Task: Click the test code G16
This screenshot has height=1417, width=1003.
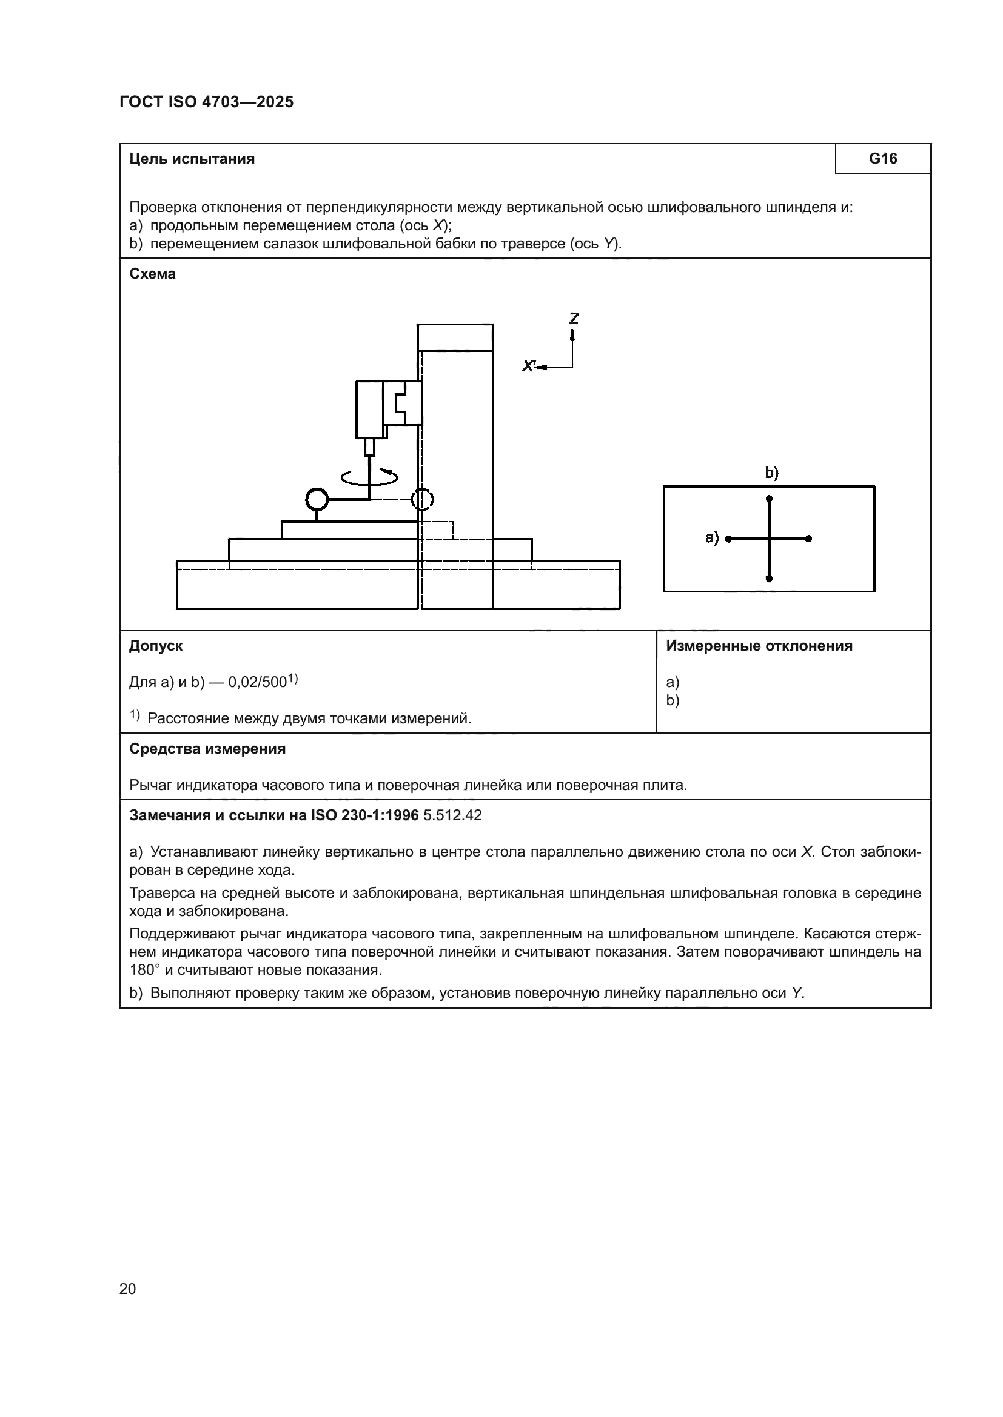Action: (882, 159)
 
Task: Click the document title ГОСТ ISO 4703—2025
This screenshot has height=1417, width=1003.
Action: (206, 102)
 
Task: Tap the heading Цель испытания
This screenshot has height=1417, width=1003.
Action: (192, 159)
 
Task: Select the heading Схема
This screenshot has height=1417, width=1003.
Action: (153, 274)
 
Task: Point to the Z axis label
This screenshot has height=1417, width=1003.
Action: (574, 319)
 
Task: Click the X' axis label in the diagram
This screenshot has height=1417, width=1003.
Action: (528, 366)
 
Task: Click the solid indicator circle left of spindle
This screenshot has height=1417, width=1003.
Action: (317, 499)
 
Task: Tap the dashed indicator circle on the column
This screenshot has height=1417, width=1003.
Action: (423, 499)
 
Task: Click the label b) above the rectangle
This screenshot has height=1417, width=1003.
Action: (771, 473)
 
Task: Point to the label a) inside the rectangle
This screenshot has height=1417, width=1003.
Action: (712, 538)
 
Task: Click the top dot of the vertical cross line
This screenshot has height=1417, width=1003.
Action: (769, 498)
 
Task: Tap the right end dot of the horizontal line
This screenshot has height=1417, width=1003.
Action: (808, 539)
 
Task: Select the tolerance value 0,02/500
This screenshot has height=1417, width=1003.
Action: (258, 683)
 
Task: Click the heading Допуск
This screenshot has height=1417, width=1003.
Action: (156, 646)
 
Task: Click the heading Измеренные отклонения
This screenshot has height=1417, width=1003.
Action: (759, 646)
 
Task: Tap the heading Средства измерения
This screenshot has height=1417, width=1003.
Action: (207, 749)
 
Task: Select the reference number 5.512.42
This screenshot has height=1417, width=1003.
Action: (452, 816)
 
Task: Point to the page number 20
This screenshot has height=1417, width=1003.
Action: (128, 1289)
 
